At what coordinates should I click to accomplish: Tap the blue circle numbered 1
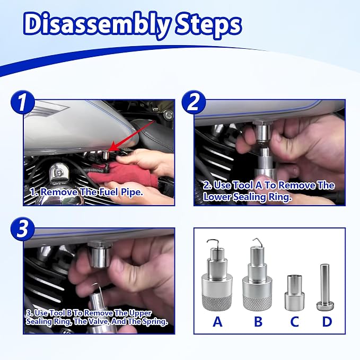click(x=22, y=102)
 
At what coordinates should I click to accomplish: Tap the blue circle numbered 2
click(x=194, y=102)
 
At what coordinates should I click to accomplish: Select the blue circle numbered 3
click(x=22, y=229)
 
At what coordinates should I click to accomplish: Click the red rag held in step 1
click(x=124, y=174)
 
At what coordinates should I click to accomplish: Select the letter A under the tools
click(x=217, y=321)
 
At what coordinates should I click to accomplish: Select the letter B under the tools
click(x=258, y=321)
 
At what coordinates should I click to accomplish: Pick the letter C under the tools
click(x=294, y=321)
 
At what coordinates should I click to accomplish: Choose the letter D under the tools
click(x=327, y=321)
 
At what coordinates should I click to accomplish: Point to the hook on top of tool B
click(x=259, y=241)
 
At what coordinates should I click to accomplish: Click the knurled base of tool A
click(x=217, y=303)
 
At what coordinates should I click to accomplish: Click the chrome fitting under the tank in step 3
click(x=100, y=255)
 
